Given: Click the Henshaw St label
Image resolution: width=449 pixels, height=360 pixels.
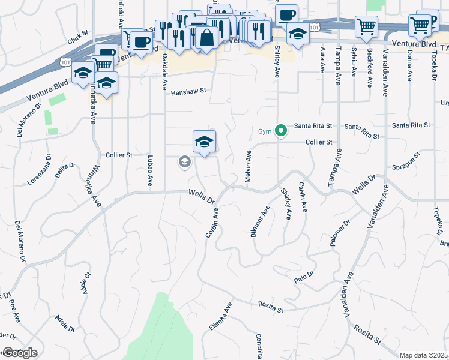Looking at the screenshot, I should pos(188,92).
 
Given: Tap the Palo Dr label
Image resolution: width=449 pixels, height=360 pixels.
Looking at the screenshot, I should pos(304,277).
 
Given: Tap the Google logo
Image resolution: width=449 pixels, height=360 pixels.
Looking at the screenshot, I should pos(19,352).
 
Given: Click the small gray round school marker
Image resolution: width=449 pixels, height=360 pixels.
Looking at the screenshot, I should pos(184,161).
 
